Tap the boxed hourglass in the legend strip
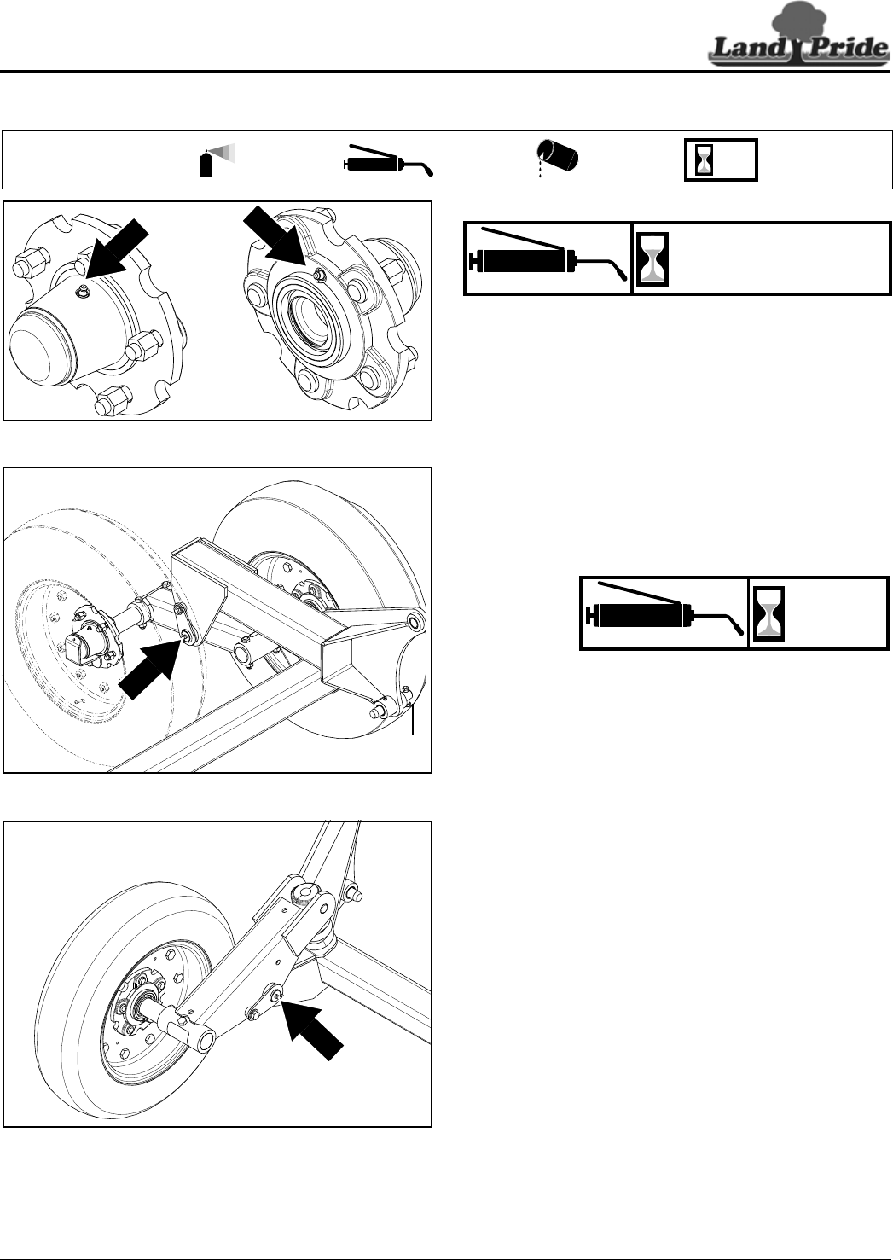(x=721, y=160)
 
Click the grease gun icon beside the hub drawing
(x=547, y=258)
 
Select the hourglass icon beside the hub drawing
(x=652, y=258)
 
